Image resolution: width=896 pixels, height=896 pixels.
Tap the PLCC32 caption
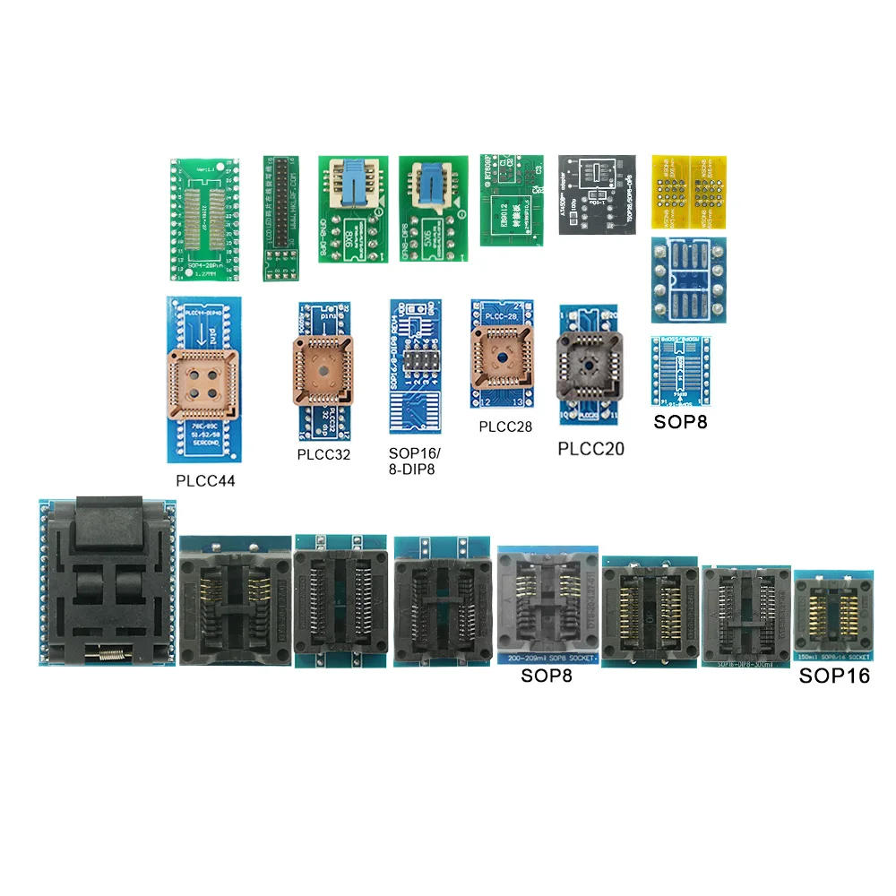click(x=323, y=454)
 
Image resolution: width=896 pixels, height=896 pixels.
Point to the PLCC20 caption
click(x=591, y=448)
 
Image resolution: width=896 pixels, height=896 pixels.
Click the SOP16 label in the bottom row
click(x=834, y=676)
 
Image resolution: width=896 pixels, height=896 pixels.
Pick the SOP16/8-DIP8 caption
click(x=412, y=462)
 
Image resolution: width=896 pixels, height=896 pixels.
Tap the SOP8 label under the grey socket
click(x=547, y=675)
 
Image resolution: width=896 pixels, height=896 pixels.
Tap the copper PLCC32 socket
click(x=323, y=369)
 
